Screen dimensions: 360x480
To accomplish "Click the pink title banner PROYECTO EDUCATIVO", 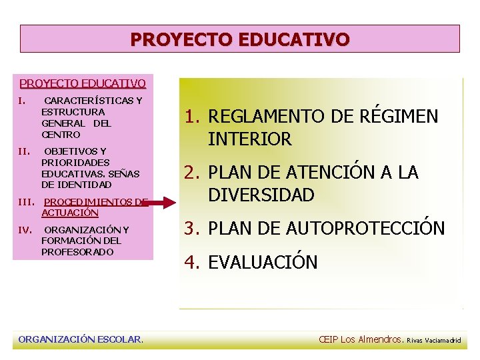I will (239, 39).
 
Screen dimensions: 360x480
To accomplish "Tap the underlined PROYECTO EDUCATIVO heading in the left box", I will (83, 83).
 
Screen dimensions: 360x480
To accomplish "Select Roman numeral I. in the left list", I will (23, 101).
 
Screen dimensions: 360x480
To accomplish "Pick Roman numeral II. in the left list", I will (25, 151).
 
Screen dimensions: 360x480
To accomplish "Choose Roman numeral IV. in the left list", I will (25, 230).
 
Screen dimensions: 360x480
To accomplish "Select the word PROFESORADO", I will (77, 252).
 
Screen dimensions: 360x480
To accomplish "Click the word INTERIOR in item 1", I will (250, 139).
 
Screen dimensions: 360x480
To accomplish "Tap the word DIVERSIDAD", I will (261, 195).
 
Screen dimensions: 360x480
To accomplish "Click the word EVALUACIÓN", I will (263, 262).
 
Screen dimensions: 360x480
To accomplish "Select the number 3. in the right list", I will (193, 229).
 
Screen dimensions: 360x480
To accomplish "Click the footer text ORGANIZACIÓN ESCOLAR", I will (81, 339).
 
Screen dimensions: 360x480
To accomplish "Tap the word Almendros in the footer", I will (381, 339).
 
